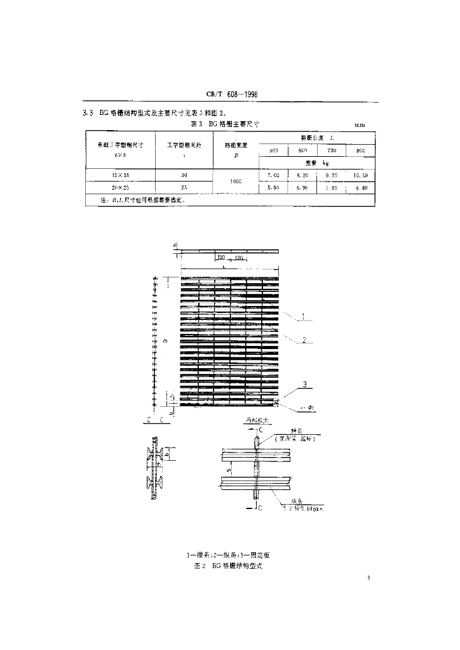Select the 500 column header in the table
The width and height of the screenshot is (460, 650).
(x=274, y=151)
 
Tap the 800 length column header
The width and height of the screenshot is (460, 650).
(x=360, y=151)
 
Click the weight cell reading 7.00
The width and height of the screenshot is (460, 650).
(x=274, y=175)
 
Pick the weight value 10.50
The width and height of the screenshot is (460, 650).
(x=360, y=175)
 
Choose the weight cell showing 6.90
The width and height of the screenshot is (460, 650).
(x=302, y=189)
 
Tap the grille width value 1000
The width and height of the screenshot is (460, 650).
(x=236, y=182)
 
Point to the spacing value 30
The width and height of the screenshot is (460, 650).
(x=184, y=175)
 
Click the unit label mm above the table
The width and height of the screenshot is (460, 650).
(x=359, y=126)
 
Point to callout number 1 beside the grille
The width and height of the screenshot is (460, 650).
(x=304, y=316)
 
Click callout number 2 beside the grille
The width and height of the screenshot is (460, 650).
(x=304, y=340)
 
